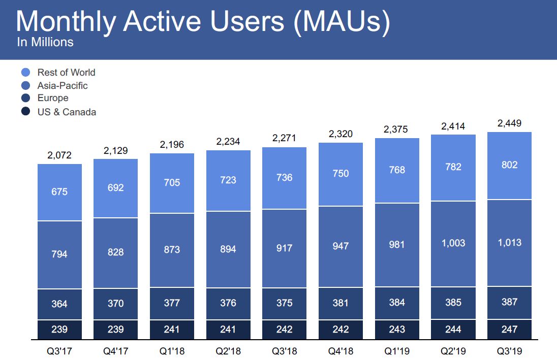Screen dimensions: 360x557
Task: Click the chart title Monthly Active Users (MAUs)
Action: pyautogui.click(x=203, y=22)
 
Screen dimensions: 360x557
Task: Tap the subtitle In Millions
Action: pyautogui.click(x=45, y=42)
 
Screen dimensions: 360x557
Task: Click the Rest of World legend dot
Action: pyautogui.click(x=26, y=73)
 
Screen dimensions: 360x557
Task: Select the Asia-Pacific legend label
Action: pyautogui.click(x=63, y=86)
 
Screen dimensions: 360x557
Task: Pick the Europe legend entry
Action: pyautogui.click(x=53, y=98)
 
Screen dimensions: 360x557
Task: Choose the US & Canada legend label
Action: pyautogui.click(x=67, y=112)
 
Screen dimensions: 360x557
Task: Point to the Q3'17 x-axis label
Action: pyautogui.click(x=59, y=351)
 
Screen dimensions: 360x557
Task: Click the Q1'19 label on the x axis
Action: pyautogui.click(x=397, y=351)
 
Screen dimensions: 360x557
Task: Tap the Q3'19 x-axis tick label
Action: pyautogui.click(x=509, y=351)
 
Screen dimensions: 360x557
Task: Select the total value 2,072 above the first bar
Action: pyautogui.click(x=59, y=155)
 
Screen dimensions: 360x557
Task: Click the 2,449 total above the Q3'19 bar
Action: pyautogui.click(x=509, y=123)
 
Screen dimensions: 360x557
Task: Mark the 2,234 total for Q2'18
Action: pyautogui.click(x=228, y=142)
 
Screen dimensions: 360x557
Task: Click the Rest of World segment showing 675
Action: pyautogui.click(x=59, y=192)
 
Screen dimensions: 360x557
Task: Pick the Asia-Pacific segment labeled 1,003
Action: pyautogui.click(x=453, y=243)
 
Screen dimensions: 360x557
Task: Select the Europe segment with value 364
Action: pyautogui.click(x=59, y=304)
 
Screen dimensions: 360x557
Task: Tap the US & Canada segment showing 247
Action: pyautogui.click(x=509, y=329)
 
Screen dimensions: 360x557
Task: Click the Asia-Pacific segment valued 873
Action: pyautogui.click(x=172, y=249)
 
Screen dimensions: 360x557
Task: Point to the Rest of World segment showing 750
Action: pyautogui.click(x=341, y=174)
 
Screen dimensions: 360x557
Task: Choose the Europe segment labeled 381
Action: pyautogui.click(x=341, y=303)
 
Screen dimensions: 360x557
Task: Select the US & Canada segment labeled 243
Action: pyautogui.click(x=397, y=329)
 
